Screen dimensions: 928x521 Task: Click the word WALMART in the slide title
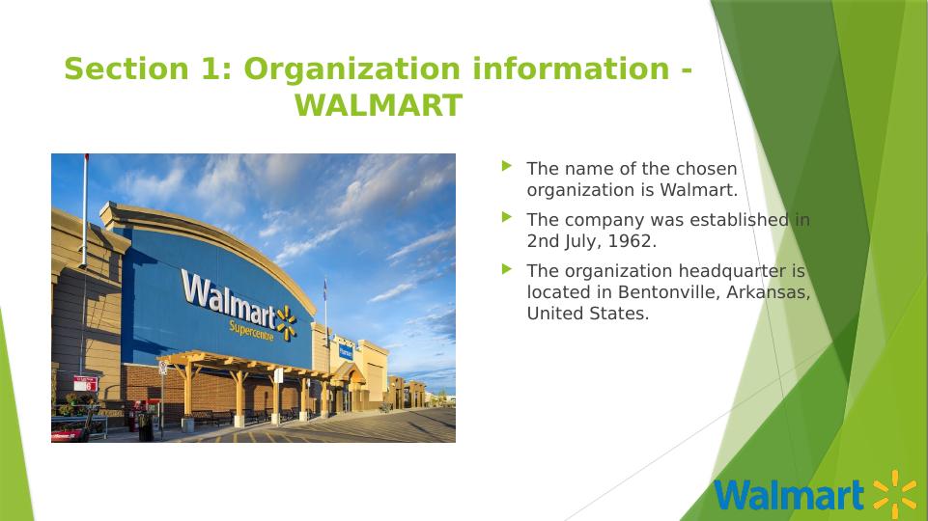pos(379,105)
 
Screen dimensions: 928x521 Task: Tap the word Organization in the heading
pos(352,69)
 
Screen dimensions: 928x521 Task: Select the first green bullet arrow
pos(507,166)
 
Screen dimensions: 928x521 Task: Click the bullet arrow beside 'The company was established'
pos(507,217)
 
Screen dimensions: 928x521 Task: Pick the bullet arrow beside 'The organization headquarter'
pos(507,269)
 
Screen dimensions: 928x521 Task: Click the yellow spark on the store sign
pos(287,323)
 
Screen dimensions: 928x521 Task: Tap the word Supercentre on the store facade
pos(251,330)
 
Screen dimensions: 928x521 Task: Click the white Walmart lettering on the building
pos(229,299)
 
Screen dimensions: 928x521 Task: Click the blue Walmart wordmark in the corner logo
pos(789,495)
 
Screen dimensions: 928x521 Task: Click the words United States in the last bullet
pos(588,314)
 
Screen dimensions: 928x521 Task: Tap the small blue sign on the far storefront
pos(346,351)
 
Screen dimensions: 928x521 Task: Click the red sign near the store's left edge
pos(86,383)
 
